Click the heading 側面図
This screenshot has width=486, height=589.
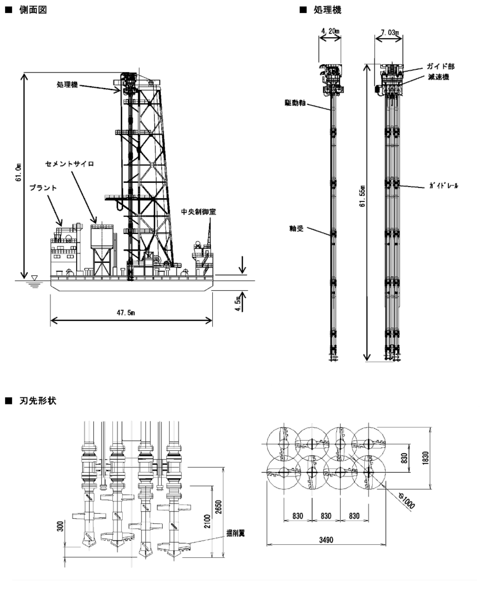(33, 10)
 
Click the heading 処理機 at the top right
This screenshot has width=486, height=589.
(327, 10)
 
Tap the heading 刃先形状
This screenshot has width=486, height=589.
(38, 400)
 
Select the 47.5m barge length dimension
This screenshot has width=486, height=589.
(126, 313)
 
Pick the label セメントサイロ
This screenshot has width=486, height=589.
(70, 164)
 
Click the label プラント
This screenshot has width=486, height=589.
(43, 188)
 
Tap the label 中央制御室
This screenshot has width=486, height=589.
(198, 212)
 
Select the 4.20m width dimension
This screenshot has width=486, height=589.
(330, 31)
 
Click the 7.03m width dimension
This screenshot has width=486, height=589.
(390, 32)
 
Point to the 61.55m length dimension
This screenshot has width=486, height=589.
(362, 196)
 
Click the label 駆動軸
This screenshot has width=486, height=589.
(295, 103)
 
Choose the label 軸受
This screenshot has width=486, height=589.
(296, 228)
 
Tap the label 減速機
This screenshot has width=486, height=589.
(438, 77)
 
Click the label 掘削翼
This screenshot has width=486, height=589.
(235, 533)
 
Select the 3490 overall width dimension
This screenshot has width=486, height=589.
(326, 540)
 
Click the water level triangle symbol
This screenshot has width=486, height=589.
(35, 278)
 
